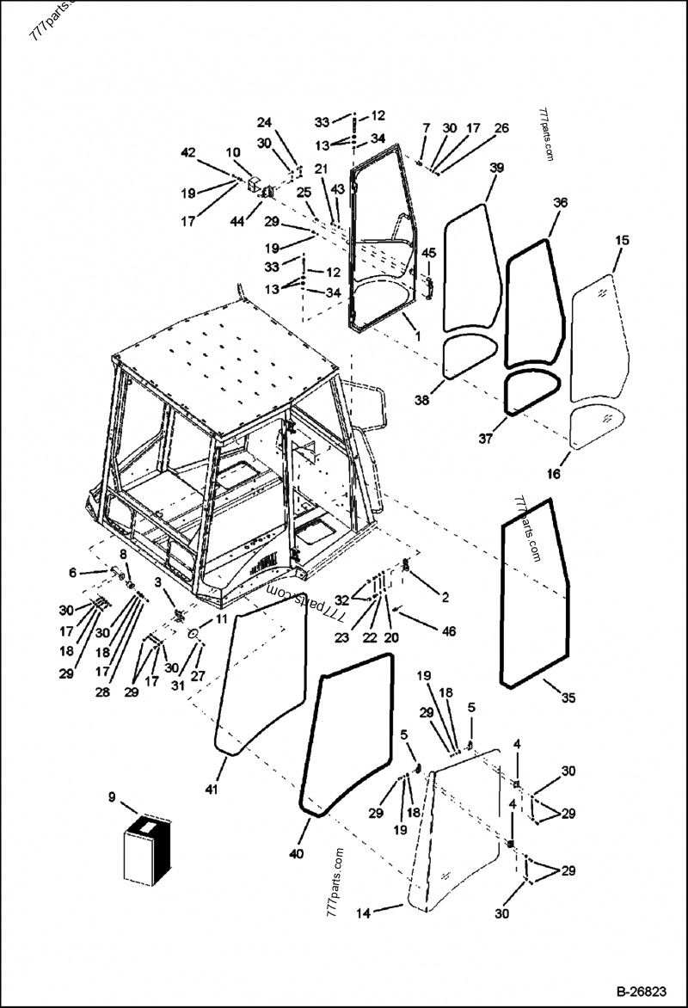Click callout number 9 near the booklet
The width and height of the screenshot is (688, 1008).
pos(112,797)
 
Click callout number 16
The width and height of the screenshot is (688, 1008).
pos(554,474)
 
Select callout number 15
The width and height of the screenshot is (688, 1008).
pos(622,240)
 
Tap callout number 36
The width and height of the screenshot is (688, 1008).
pos(560,203)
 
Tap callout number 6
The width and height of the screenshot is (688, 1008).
pos(72,573)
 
